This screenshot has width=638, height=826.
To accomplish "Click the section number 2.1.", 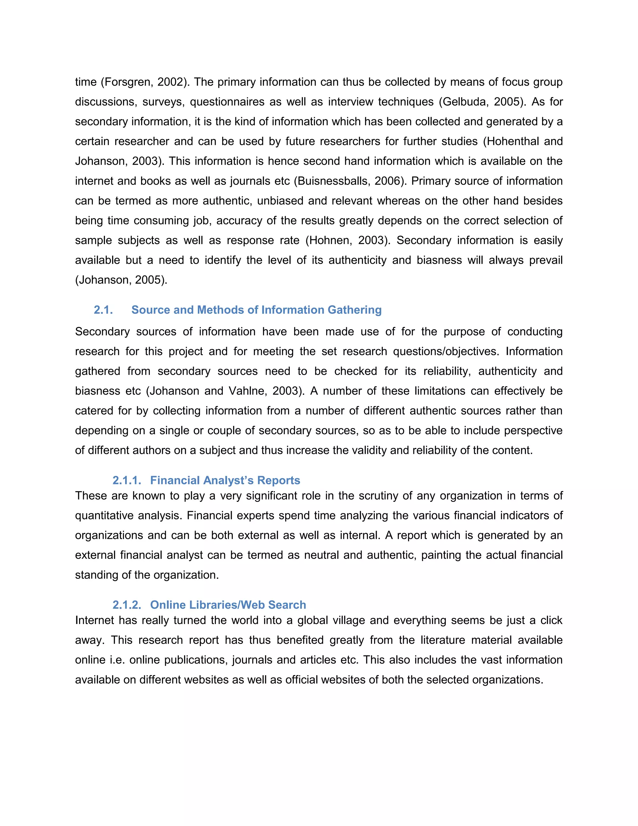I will (103, 310).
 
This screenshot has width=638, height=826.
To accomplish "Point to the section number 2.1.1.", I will (126, 480).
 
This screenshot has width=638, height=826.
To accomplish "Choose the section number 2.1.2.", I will (126, 605).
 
